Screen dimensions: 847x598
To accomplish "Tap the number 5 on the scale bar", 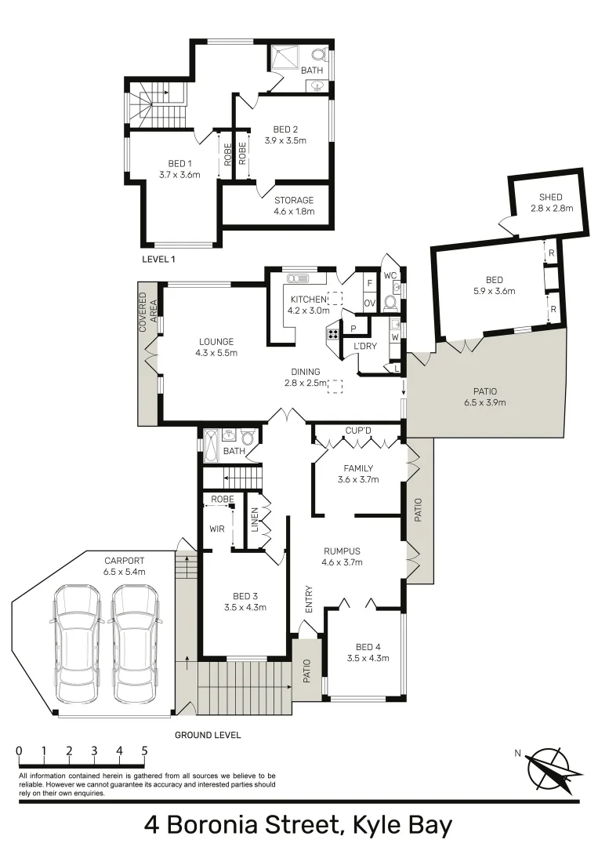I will tap(144, 751).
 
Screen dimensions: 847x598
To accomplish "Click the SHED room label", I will tap(550, 202).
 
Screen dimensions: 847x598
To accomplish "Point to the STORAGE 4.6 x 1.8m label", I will tap(294, 205).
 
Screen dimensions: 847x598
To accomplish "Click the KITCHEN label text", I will tap(307, 300).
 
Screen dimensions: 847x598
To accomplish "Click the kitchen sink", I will tap(299, 278).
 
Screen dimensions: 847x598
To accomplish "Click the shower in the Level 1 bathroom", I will tap(285, 58).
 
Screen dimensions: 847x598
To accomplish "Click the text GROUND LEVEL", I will tap(207, 735).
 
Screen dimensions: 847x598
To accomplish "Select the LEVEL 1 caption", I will tap(160, 258).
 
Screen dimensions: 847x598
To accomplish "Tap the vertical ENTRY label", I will tap(309, 599).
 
